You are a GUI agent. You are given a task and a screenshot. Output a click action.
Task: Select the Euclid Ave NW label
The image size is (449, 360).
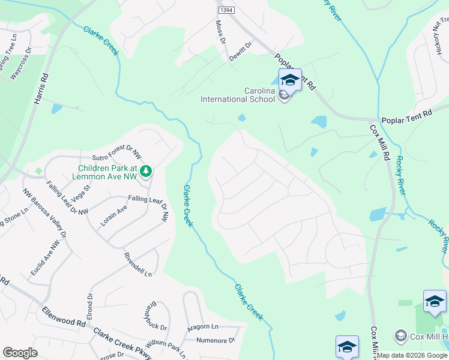[x=46, y=258]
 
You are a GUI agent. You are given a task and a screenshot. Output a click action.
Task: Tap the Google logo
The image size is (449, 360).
[x=20, y=353]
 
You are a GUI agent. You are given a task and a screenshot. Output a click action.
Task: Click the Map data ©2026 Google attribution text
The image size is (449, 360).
[x=411, y=355]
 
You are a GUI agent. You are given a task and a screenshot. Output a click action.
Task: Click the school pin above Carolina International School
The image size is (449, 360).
[x=290, y=80]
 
